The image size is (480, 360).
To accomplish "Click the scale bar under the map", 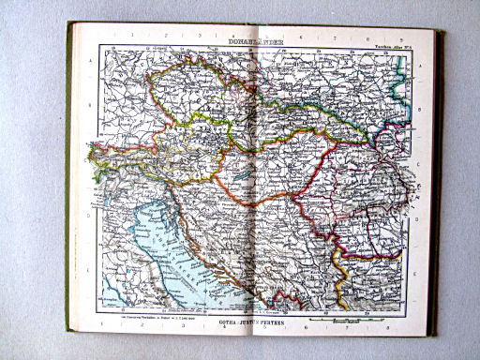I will click(x=346, y=320).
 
